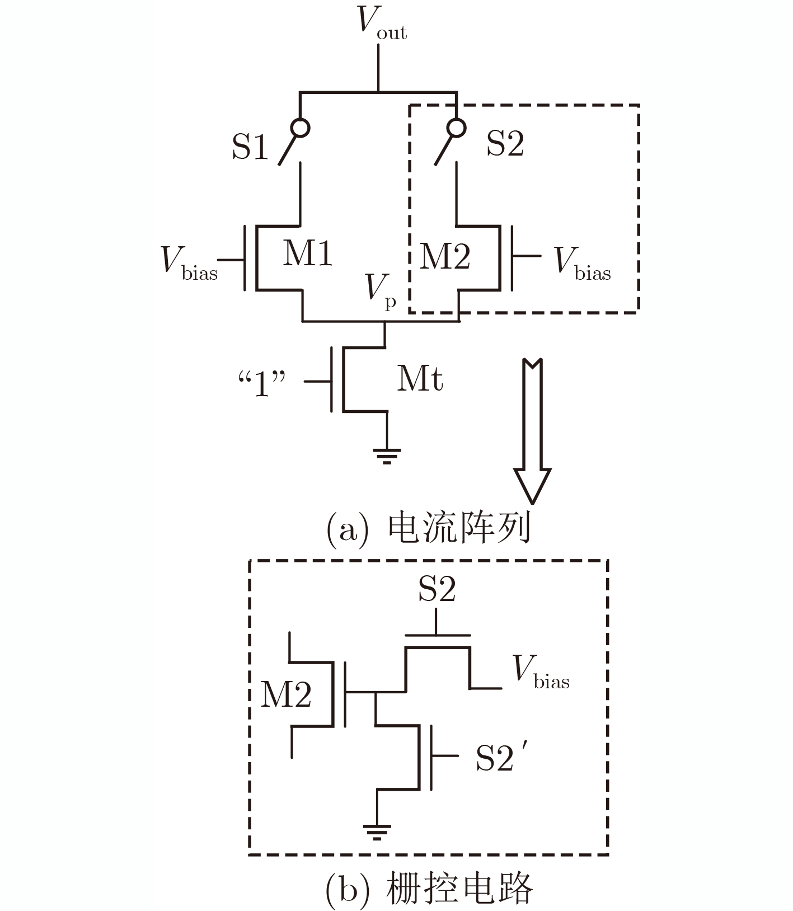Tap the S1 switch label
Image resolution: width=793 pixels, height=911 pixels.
tap(250, 147)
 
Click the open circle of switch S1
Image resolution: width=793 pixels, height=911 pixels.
tap(301, 128)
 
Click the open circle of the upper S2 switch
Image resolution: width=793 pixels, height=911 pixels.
tap(457, 128)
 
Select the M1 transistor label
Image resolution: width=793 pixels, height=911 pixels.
tap(308, 253)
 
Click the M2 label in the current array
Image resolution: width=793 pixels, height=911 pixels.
tap(445, 257)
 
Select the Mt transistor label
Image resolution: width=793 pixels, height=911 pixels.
tap(420, 379)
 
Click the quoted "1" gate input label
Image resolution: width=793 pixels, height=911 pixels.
tap(262, 384)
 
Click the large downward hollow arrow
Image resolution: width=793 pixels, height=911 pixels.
tap(532, 431)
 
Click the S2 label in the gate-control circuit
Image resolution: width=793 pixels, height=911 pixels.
tap(437, 589)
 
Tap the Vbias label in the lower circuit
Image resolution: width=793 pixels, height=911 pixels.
tap(541, 671)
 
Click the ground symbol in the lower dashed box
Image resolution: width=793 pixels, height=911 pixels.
tap(377, 832)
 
